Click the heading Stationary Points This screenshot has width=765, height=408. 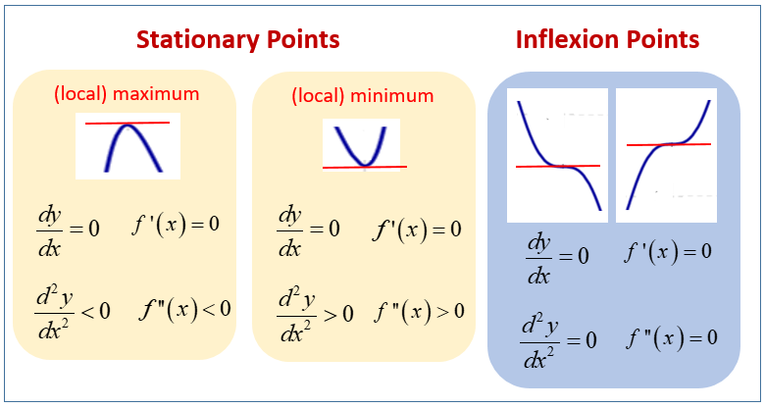[x=238, y=40]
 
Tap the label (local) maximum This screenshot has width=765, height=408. [x=127, y=94]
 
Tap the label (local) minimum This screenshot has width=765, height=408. [x=362, y=96]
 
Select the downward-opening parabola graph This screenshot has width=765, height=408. [x=127, y=149]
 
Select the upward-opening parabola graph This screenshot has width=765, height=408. [x=362, y=145]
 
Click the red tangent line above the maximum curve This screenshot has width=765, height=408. [x=127, y=123]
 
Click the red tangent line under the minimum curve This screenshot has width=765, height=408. [x=364, y=168]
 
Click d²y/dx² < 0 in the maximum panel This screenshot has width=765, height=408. [x=72, y=311]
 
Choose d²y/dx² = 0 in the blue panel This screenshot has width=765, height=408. [x=557, y=340]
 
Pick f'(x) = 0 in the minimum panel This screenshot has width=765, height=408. [x=416, y=229]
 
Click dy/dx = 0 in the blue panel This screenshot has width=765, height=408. [x=557, y=256]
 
